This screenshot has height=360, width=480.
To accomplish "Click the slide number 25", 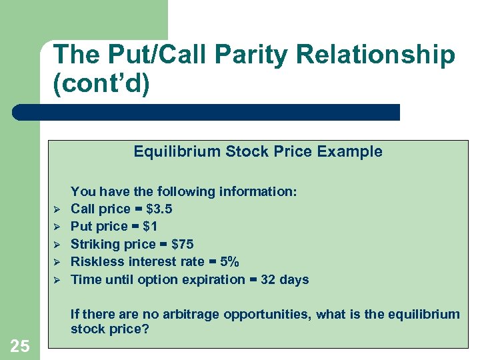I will (x=19, y=345).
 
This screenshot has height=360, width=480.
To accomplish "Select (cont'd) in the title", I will (x=101, y=85).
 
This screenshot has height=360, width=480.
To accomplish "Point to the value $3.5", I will (x=159, y=209).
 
